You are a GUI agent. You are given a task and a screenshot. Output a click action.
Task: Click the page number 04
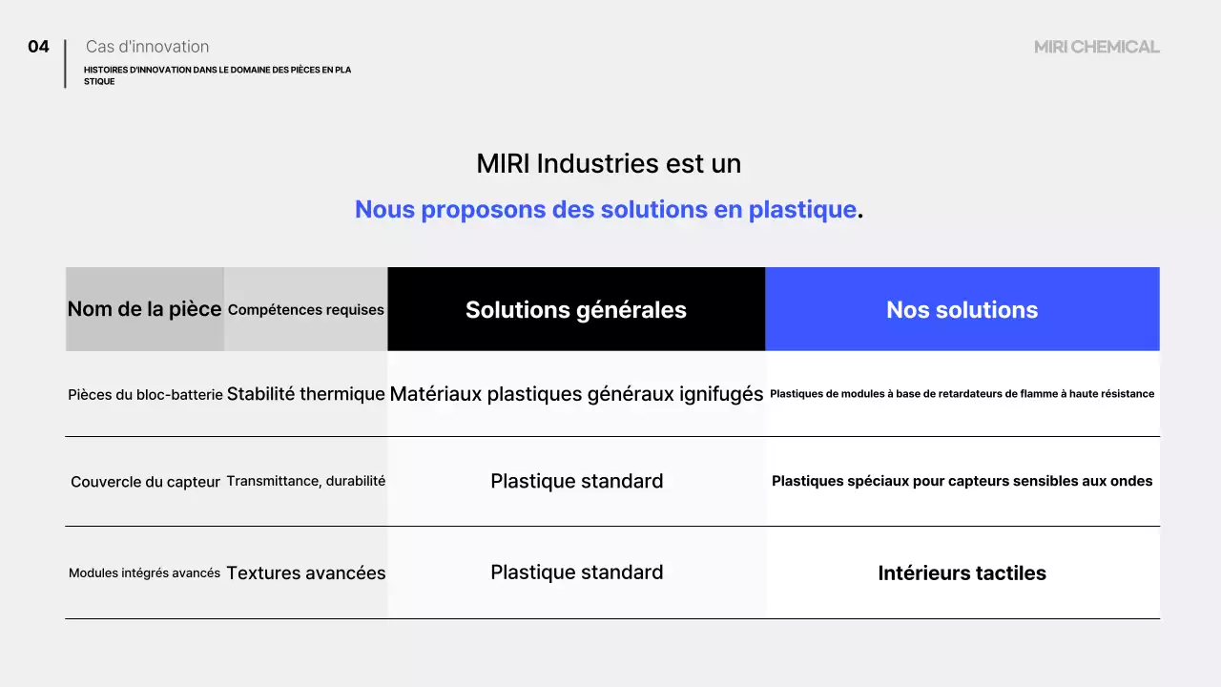(x=38, y=47)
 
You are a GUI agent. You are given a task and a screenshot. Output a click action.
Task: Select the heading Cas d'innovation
(x=147, y=47)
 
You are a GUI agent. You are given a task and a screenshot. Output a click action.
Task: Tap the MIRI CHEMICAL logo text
(x=1096, y=47)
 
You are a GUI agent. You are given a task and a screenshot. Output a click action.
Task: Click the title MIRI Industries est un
(x=609, y=164)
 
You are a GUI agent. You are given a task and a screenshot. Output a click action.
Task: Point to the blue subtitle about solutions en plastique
(x=606, y=210)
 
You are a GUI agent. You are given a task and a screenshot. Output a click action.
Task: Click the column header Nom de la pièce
(x=144, y=309)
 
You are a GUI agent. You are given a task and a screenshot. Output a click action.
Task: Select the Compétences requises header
(x=306, y=310)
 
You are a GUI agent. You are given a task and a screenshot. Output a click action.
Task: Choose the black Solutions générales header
(x=576, y=309)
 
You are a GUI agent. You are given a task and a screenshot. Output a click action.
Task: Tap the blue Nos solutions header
(x=962, y=309)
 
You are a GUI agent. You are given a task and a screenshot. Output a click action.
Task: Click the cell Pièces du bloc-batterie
(x=145, y=394)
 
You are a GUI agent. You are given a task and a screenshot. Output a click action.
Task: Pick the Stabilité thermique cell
(x=306, y=393)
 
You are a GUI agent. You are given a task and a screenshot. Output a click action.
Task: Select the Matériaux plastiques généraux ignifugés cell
(x=576, y=393)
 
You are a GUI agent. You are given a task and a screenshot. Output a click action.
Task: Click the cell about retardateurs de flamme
(x=962, y=393)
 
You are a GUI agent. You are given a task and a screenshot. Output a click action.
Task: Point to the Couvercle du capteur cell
(x=145, y=482)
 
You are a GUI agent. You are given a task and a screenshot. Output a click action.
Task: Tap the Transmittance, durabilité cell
(x=306, y=481)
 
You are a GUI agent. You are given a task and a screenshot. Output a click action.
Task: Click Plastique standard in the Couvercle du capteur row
(x=576, y=481)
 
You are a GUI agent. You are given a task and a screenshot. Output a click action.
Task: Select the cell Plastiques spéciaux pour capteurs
(x=962, y=481)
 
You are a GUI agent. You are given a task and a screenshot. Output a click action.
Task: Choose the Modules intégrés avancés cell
(x=144, y=573)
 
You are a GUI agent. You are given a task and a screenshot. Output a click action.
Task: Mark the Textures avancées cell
(x=306, y=573)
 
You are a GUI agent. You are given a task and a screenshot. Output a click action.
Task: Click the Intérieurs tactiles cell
(x=962, y=573)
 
